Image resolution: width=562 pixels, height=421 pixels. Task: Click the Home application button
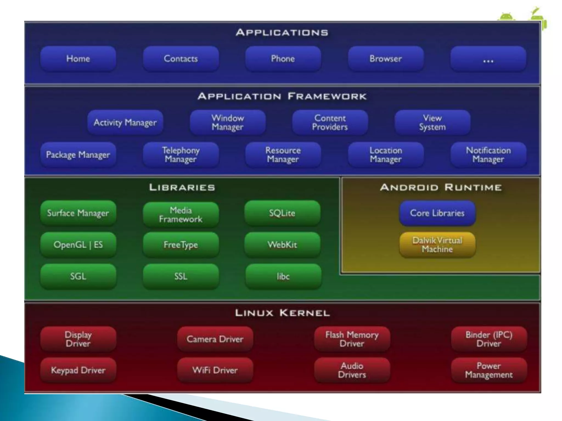78,59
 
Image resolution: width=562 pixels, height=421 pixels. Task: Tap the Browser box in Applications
386,59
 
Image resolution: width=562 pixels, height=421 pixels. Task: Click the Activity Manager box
125,123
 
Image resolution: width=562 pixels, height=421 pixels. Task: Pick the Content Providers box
330,123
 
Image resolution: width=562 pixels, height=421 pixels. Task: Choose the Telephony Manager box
181,155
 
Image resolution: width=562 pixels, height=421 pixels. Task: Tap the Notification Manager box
488,155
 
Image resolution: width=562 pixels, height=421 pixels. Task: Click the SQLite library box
282,213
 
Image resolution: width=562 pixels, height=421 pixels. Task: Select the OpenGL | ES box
78,244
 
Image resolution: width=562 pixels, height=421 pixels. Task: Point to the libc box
283,276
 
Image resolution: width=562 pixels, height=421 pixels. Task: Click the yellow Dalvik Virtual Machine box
437,244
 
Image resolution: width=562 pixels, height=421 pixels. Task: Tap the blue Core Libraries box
437,213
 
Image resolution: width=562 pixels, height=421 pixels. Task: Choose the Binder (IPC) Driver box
489,339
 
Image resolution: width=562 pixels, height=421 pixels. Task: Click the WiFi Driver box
215,370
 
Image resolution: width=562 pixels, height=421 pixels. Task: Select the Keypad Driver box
78,370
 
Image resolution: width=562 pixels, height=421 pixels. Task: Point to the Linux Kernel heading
282,313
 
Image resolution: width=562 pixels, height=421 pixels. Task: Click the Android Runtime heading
441,187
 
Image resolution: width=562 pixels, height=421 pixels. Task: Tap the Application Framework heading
282,96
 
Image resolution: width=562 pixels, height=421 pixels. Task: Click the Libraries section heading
182,187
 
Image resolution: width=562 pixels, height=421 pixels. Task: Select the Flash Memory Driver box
352,339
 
